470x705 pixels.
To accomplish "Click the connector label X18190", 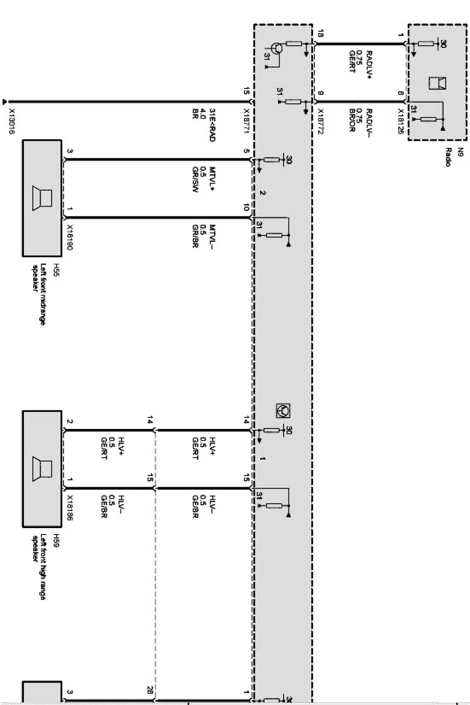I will click(69, 238).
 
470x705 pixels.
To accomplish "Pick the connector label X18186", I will click(69, 508).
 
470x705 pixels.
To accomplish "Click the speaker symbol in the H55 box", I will click(43, 198).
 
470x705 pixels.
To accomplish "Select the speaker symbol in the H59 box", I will click(43, 468).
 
